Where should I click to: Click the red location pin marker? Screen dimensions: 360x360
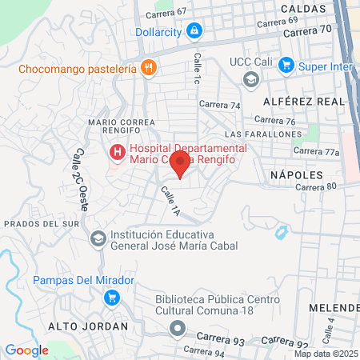pos(181,165)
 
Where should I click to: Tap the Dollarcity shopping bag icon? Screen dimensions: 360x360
pos(193,31)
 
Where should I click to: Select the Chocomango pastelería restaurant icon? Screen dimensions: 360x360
pos(147,68)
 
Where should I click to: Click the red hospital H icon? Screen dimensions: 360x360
pos(117,150)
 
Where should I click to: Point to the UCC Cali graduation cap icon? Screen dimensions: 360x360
pos(251,78)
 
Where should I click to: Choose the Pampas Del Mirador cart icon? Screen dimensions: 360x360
pos(112,297)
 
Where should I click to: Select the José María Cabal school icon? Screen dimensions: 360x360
pos(98,238)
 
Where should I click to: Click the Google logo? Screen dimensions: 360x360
pos(26,350)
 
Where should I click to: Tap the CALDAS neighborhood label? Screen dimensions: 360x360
pos(304,7)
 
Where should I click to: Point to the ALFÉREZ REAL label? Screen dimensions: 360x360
pos(303,102)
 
